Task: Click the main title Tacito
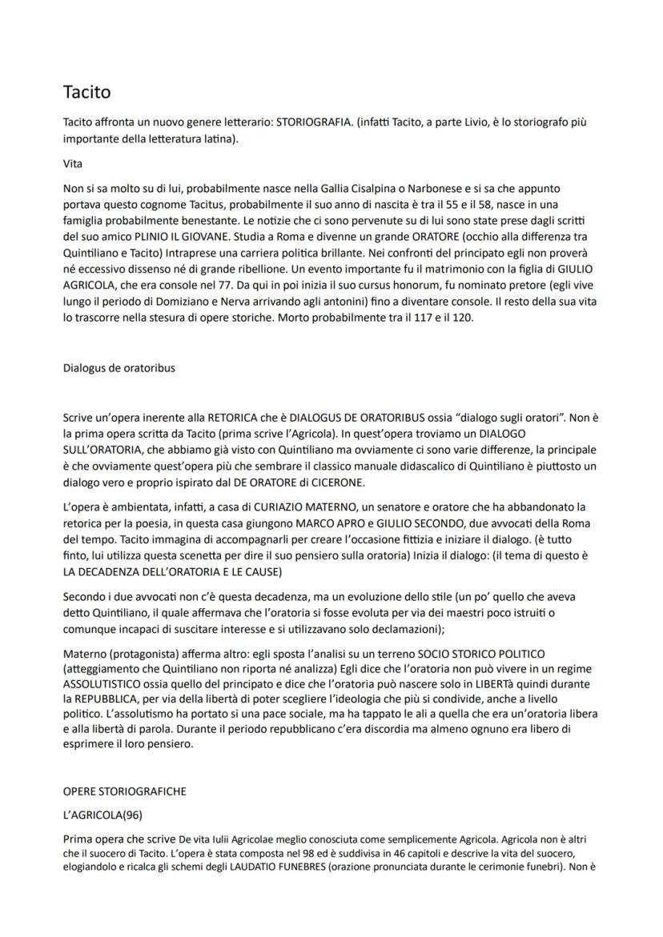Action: pyautogui.click(x=87, y=92)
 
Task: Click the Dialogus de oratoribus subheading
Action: pyautogui.click(x=119, y=368)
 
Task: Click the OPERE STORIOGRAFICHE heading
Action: pyautogui.click(x=124, y=791)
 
